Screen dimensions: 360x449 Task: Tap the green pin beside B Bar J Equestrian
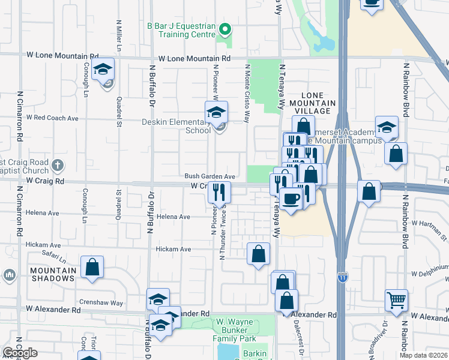(x=225, y=28)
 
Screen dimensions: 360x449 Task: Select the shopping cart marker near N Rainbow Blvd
(x=396, y=299)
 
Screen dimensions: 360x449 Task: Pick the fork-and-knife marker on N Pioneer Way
(x=219, y=192)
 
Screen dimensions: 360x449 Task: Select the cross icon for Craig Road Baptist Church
(x=57, y=164)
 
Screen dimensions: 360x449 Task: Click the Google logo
(x=20, y=353)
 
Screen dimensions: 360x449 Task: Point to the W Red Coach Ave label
(x=52, y=118)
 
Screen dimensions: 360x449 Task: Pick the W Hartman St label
(x=427, y=223)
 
